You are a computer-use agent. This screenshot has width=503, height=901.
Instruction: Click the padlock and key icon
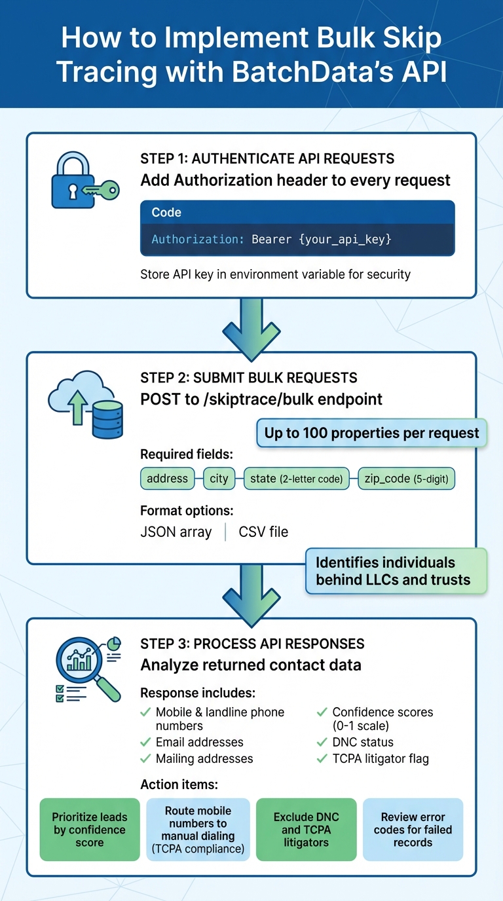(84, 181)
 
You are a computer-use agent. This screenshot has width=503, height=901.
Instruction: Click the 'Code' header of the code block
(166, 213)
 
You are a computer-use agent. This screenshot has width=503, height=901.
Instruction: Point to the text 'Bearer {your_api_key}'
(322, 240)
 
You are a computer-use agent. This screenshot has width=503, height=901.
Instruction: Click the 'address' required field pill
(167, 479)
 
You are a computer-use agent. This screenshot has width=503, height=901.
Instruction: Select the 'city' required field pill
(219, 479)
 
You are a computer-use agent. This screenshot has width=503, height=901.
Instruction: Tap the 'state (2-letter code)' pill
(296, 479)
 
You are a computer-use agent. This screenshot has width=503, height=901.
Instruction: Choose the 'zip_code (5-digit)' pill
(406, 479)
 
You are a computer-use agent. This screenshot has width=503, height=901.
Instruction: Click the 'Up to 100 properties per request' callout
(371, 433)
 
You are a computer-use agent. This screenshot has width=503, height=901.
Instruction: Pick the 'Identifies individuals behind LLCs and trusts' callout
(396, 571)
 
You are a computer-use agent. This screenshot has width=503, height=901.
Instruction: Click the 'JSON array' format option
(176, 532)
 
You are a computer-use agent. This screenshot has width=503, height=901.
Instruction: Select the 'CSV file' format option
(263, 532)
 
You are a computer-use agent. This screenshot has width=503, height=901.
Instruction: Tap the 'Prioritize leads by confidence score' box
(90, 830)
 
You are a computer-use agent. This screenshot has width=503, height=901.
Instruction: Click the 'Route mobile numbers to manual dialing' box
(197, 830)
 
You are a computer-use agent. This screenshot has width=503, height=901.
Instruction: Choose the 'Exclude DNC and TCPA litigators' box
(306, 830)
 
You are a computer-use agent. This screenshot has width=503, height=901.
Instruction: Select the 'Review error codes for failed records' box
(413, 830)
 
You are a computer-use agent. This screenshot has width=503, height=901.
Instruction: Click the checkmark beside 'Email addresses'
(145, 742)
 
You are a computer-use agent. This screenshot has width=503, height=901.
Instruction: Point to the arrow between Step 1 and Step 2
(251, 325)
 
